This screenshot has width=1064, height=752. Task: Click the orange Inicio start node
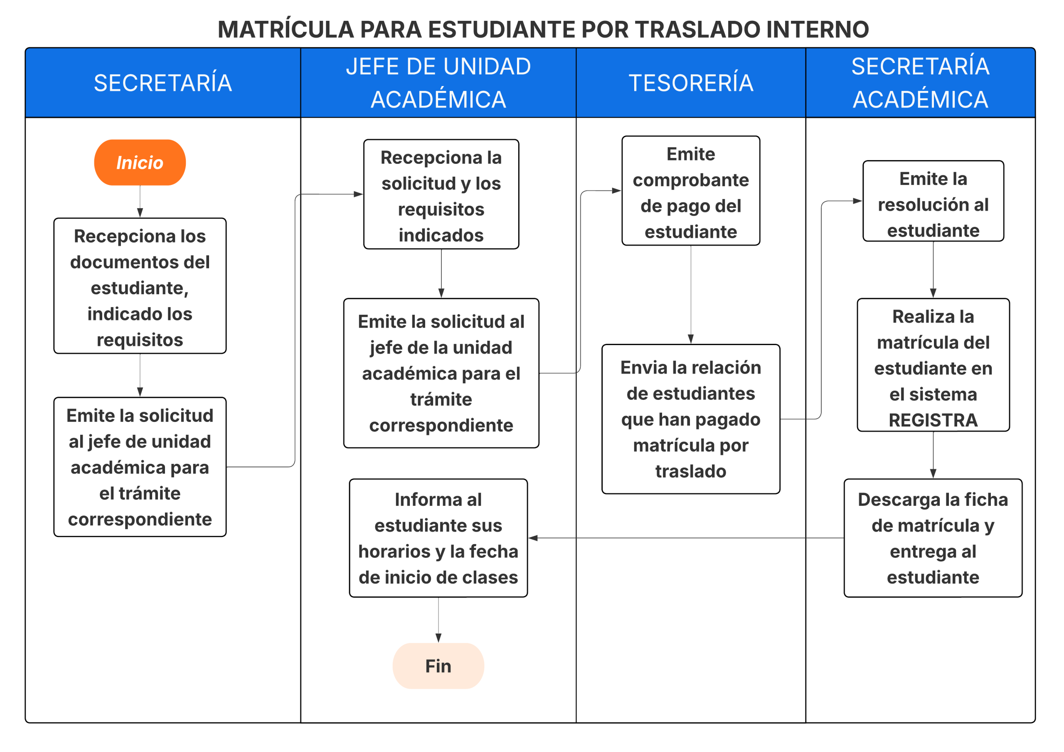click(x=140, y=163)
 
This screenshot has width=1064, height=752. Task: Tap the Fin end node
click(x=438, y=666)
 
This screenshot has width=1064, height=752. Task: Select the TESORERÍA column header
click(x=690, y=83)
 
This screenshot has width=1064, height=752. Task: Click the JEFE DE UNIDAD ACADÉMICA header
click(x=438, y=83)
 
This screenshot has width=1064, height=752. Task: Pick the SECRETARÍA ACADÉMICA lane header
click(x=920, y=83)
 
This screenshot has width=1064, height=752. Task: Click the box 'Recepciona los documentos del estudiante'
click(x=140, y=286)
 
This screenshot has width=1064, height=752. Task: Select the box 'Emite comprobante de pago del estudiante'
click(x=690, y=190)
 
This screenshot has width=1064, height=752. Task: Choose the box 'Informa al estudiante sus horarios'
click(x=438, y=538)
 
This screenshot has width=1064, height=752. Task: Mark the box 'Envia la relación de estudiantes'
click(x=690, y=419)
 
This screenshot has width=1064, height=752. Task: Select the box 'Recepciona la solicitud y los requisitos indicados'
click(x=441, y=194)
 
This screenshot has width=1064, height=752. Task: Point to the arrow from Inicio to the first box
click(x=140, y=202)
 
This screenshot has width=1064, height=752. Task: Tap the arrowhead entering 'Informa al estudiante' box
click(x=533, y=538)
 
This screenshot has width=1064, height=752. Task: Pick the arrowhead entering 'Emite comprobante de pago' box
click(x=616, y=190)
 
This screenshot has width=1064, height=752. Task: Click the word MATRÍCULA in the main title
click(x=286, y=30)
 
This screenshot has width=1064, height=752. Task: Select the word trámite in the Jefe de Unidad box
click(x=441, y=399)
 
